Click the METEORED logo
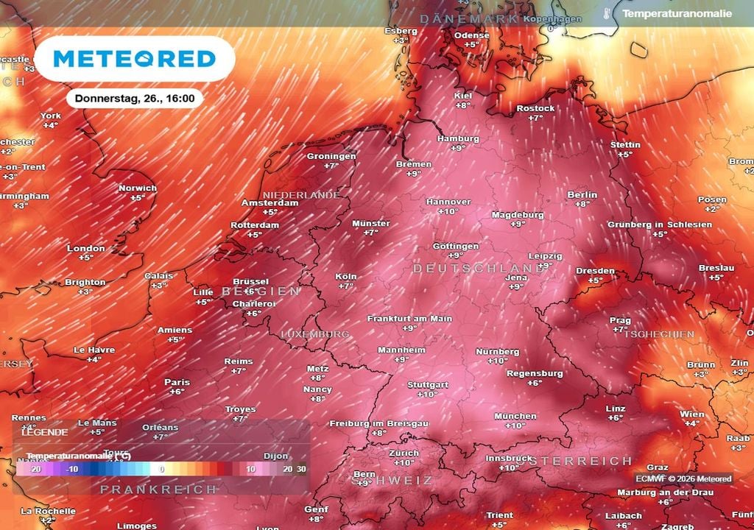tap(135, 59)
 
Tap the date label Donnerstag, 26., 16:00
tap(134, 98)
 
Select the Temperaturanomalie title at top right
tap(677, 13)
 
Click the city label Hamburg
tap(458, 138)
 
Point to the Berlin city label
tap(582, 194)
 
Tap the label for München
tap(515, 416)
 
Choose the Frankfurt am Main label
tap(410, 319)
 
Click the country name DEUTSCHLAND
tap(479, 269)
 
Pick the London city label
tap(86, 248)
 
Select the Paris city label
tap(177, 382)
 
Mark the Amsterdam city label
tap(270, 202)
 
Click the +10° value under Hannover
tap(448, 211)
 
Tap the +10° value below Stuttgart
tap(428, 395)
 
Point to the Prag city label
tap(620, 320)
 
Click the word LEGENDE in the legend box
tap(44, 432)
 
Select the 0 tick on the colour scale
tap(162, 468)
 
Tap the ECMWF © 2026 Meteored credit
tap(684, 479)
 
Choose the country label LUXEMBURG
tap(315, 334)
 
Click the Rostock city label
tap(535, 108)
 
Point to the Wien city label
tap(692, 414)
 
